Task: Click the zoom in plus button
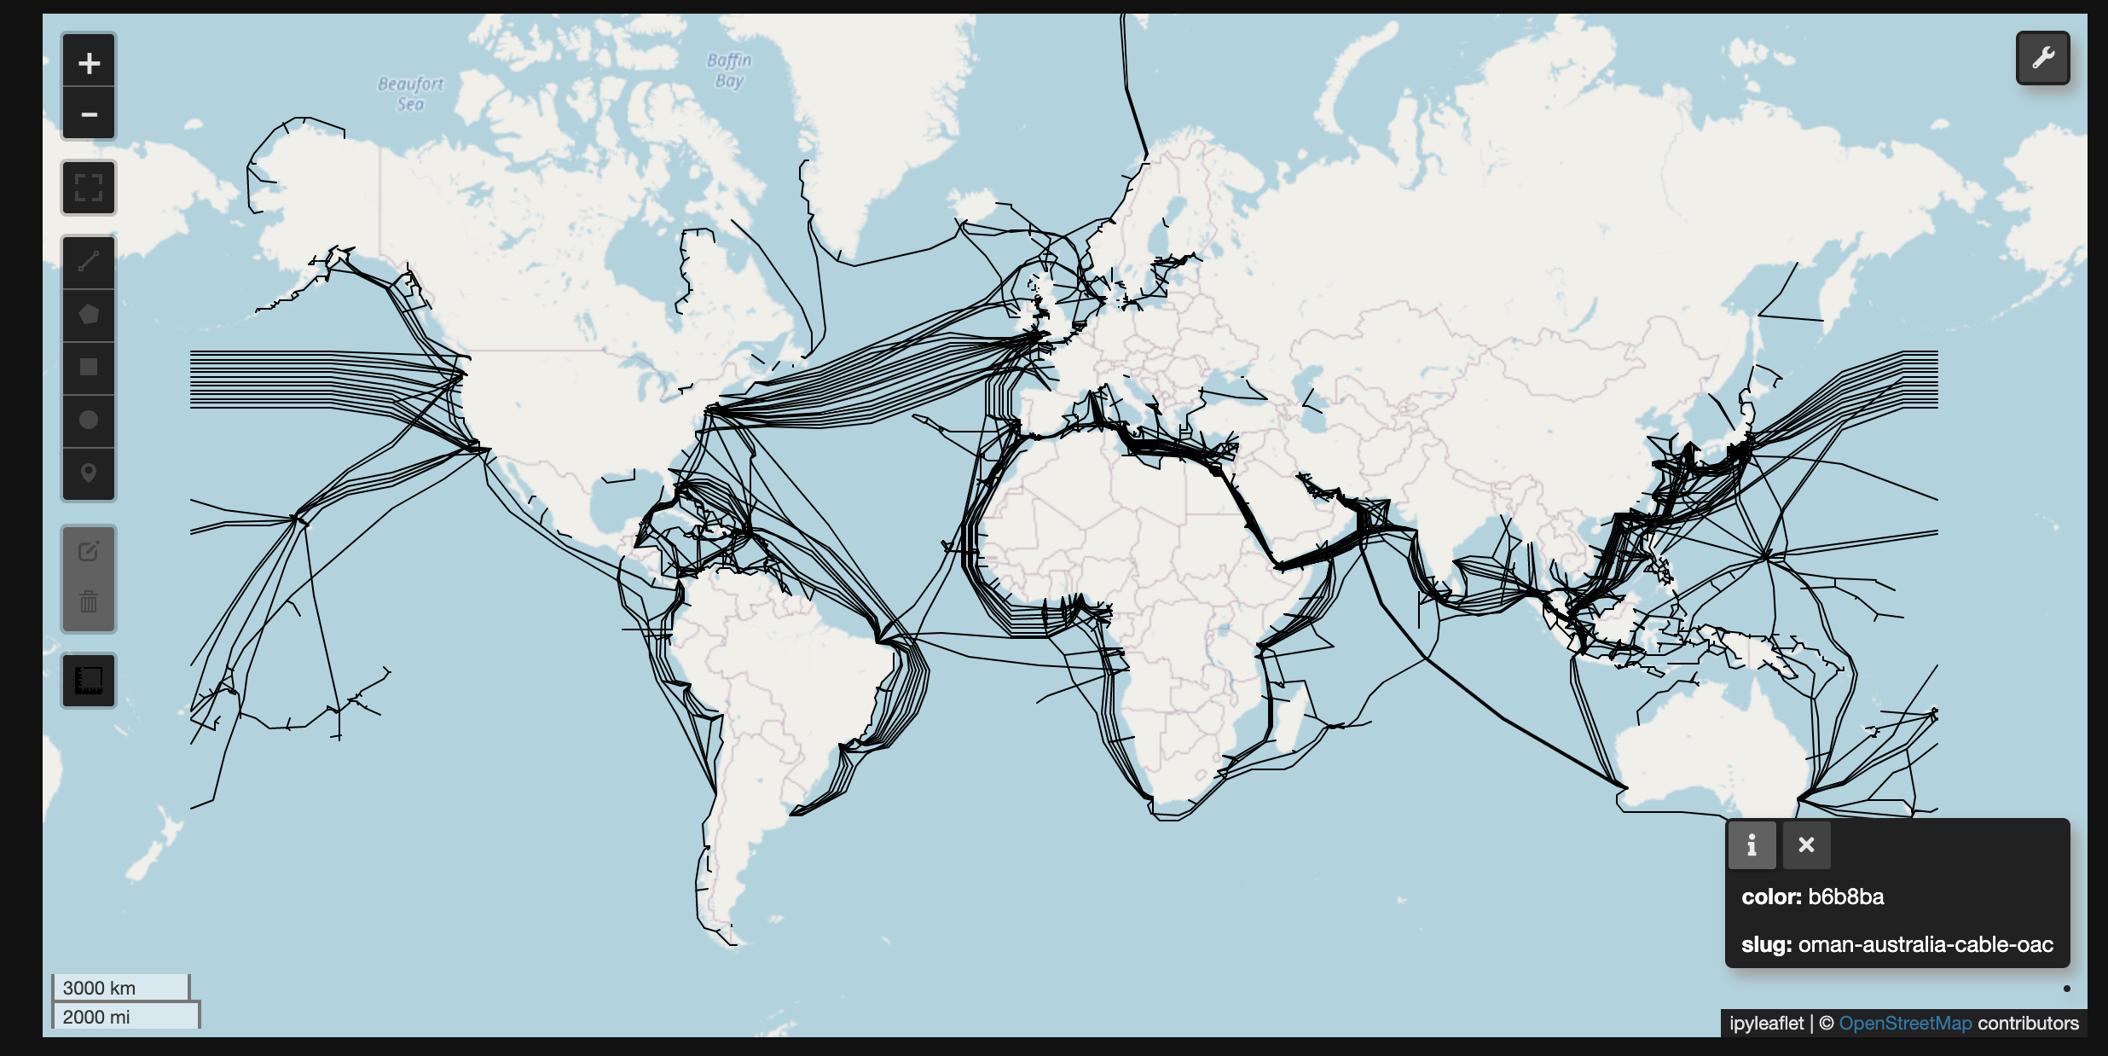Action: click(89, 62)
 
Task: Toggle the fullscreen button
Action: click(89, 188)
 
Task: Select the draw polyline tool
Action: click(89, 262)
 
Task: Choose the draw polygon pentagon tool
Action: click(89, 315)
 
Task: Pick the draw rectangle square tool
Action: click(89, 368)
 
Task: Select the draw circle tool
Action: click(89, 421)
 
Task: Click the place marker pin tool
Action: click(89, 473)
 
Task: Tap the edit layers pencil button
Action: click(89, 552)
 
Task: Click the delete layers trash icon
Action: click(89, 603)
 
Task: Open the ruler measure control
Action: click(89, 681)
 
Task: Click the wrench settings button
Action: click(2042, 58)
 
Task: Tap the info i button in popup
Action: click(1752, 845)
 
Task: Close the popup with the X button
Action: click(1806, 845)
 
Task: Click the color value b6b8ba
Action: click(1845, 896)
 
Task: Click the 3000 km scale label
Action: click(99, 988)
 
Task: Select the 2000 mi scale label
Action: click(96, 1017)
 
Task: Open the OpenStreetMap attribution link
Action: click(1905, 1023)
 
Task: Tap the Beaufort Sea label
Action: click(411, 94)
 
